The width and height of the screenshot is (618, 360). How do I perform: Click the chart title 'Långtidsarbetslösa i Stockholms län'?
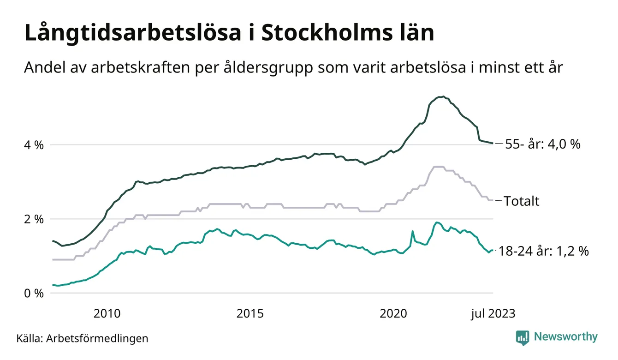click(x=229, y=34)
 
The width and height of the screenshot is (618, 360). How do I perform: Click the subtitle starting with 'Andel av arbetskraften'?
click(x=294, y=68)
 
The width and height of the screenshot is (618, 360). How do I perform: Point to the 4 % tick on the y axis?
click(x=33, y=145)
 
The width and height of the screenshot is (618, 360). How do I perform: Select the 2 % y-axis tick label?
click(x=33, y=219)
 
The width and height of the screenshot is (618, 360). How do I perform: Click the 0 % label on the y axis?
click(x=33, y=293)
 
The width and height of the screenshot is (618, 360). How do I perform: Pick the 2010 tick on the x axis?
click(x=107, y=313)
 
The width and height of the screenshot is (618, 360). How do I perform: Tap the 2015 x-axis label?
click(x=250, y=313)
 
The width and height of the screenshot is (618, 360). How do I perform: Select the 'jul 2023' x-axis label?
click(x=493, y=313)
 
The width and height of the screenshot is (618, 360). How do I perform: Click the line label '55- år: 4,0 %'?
click(x=543, y=144)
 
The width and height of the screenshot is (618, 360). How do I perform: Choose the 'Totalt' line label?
click(x=521, y=201)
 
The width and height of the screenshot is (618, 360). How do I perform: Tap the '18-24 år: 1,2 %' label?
click(x=543, y=252)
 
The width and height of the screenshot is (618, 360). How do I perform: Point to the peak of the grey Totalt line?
click(x=438, y=167)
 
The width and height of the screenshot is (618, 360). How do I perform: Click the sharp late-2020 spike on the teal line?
click(x=412, y=231)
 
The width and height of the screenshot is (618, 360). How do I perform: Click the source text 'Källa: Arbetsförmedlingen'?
click(x=83, y=338)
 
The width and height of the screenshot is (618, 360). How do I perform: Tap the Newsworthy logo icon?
click(x=523, y=337)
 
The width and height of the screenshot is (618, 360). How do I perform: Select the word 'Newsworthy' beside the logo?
click(x=565, y=337)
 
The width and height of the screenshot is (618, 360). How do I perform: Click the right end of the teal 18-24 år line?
click(x=493, y=250)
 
